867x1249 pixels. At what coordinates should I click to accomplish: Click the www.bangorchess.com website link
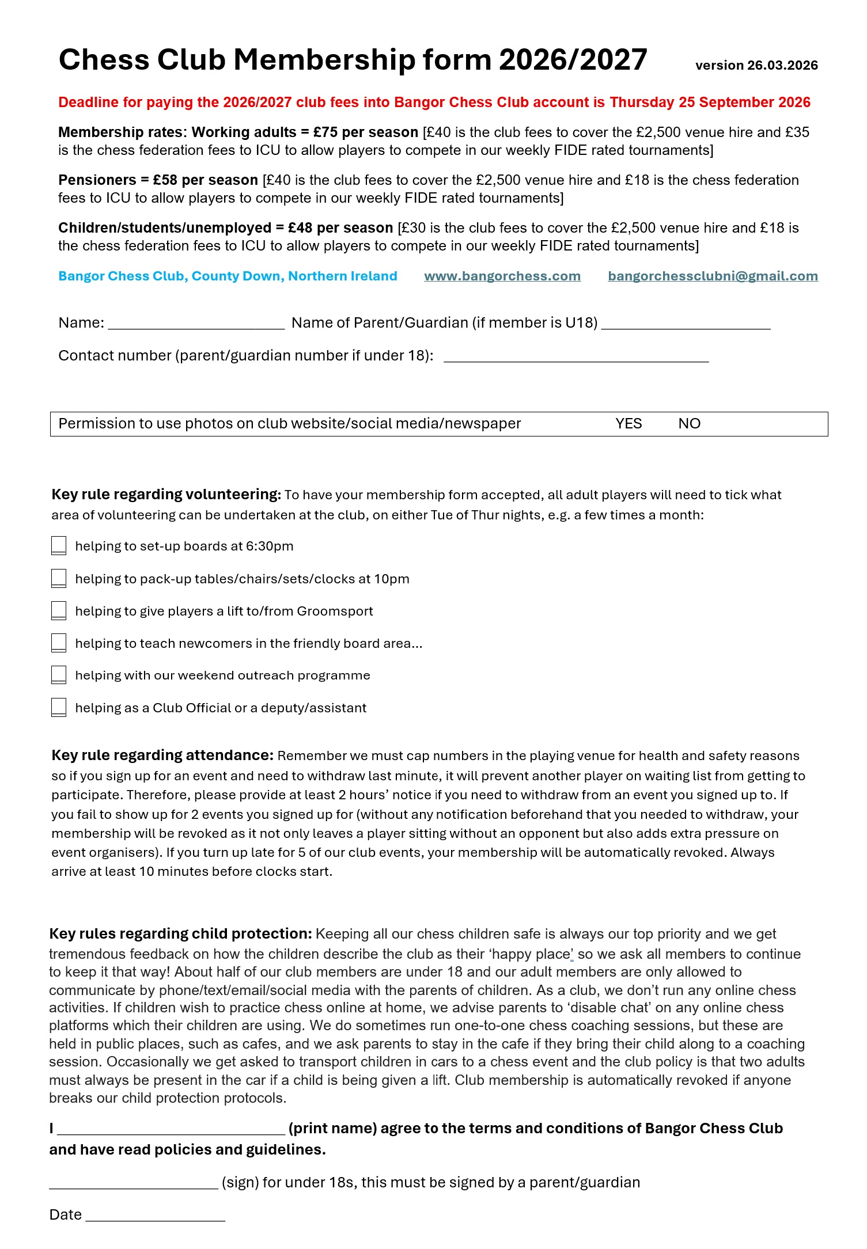pos(502,276)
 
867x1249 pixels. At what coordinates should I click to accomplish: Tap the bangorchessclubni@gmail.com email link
pos(713,276)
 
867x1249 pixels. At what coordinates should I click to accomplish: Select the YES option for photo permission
pos(628,424)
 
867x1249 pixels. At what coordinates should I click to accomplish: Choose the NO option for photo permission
pos(689,424)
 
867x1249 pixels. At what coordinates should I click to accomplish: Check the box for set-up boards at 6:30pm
pos(59,545)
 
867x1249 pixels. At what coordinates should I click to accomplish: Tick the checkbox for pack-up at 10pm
pos(59,578)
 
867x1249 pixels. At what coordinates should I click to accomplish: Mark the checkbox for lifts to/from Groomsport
pos(59,610)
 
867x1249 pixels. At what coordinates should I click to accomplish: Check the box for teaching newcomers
pos(59,643)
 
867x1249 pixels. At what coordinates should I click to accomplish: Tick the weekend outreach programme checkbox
pos(59,675)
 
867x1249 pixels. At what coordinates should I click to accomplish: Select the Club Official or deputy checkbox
pos(59,707)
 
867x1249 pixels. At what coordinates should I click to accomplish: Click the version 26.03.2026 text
pos(756,66)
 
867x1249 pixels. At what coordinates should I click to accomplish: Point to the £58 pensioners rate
pos(165,180)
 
